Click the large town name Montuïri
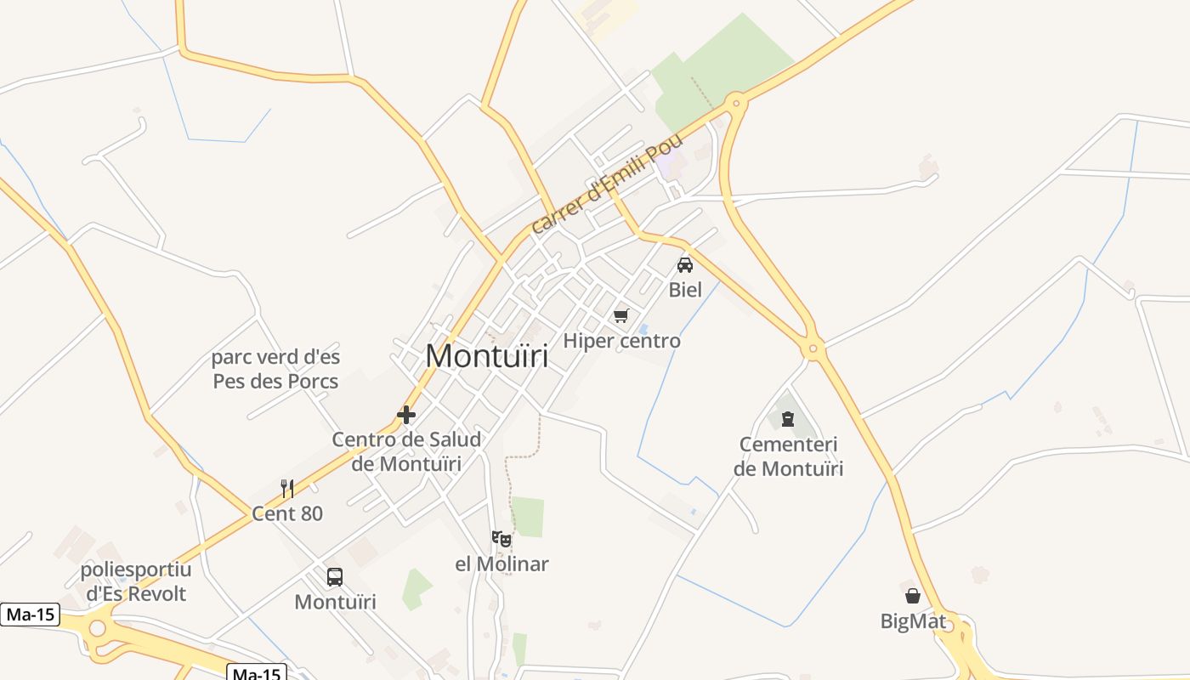[486, 356]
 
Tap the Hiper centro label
[622, 341]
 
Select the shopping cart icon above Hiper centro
[621, 316]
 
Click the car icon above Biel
[685, 264]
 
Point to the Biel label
[685, 289]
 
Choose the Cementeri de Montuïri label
[788, 456]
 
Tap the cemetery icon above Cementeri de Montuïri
[788, 418]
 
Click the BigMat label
[912, 621]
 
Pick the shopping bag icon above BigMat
[912, 596]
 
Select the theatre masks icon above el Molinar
[501, 538]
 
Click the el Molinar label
[501, 564]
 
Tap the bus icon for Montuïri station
[335, 577]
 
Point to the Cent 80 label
[287, 513]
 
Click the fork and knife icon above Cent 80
[287, 488]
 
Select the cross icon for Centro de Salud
[406, 415]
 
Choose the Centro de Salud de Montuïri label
[406, 451]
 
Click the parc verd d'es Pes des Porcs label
[275, 369]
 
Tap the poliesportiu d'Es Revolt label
[136, 581]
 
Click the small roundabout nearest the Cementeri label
[813, 348]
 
